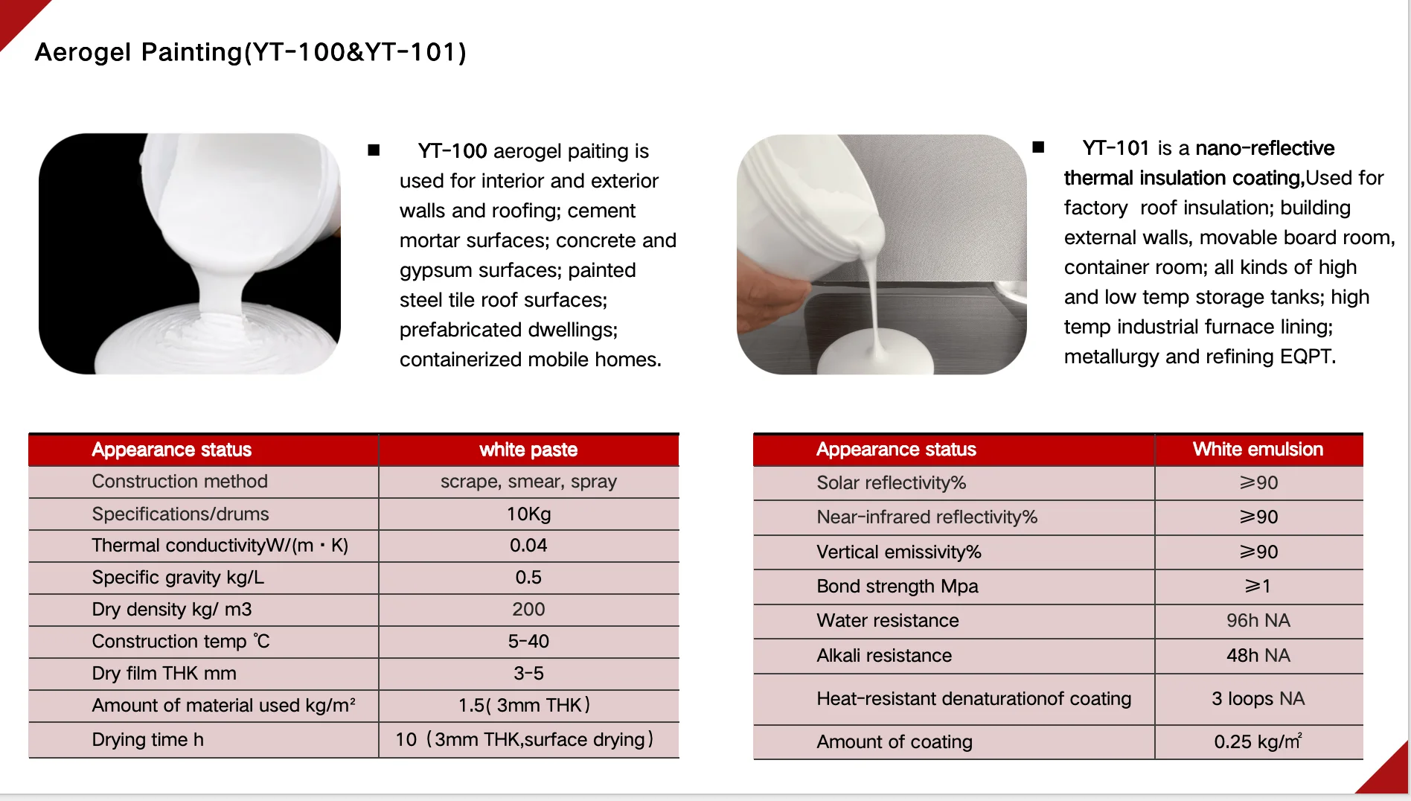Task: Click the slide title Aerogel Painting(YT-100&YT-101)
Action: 250,52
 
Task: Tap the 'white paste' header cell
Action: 528,450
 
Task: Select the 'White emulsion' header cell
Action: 1258,449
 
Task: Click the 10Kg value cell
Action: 528,514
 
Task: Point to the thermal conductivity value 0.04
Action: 528,545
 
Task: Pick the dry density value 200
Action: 528,609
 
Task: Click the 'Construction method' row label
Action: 179,482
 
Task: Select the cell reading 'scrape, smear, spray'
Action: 528,482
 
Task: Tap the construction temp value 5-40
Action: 528,641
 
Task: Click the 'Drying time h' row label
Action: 147,739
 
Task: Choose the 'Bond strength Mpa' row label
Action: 897,586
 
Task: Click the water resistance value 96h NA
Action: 1258,620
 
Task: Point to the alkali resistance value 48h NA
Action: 1258,655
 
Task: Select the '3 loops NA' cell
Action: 1258,698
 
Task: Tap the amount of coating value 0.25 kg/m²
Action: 1258,741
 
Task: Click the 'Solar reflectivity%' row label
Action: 891,482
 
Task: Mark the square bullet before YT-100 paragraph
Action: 374,150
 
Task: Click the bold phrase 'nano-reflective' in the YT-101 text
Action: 1264,148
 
